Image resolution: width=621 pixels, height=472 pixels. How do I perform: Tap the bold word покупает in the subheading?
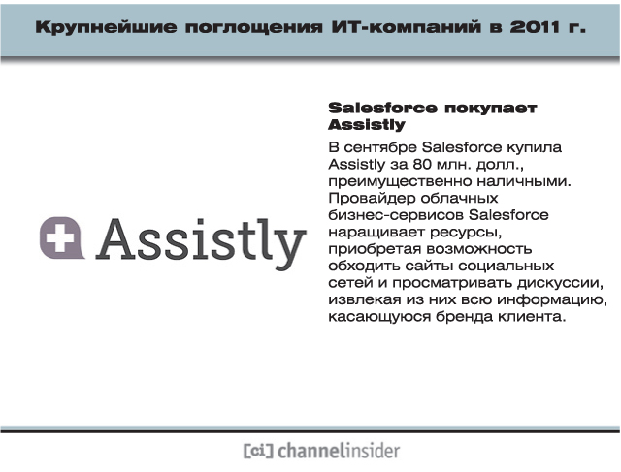coord(491,109)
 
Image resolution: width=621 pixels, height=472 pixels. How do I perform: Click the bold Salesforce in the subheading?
coord(383,108)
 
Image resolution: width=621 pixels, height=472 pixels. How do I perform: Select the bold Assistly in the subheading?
coord(367,125)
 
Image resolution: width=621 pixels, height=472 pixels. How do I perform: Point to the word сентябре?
coord(380,147)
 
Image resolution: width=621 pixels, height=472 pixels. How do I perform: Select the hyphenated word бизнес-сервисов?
coord(396,215)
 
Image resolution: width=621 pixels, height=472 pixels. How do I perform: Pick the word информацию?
coord(552,300)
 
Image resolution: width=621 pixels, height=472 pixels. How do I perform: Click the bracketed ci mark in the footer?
coord(258,451)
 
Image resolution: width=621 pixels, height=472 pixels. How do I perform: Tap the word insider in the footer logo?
coord(371,451)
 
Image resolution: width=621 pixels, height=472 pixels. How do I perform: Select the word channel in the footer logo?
coord(310,451)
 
